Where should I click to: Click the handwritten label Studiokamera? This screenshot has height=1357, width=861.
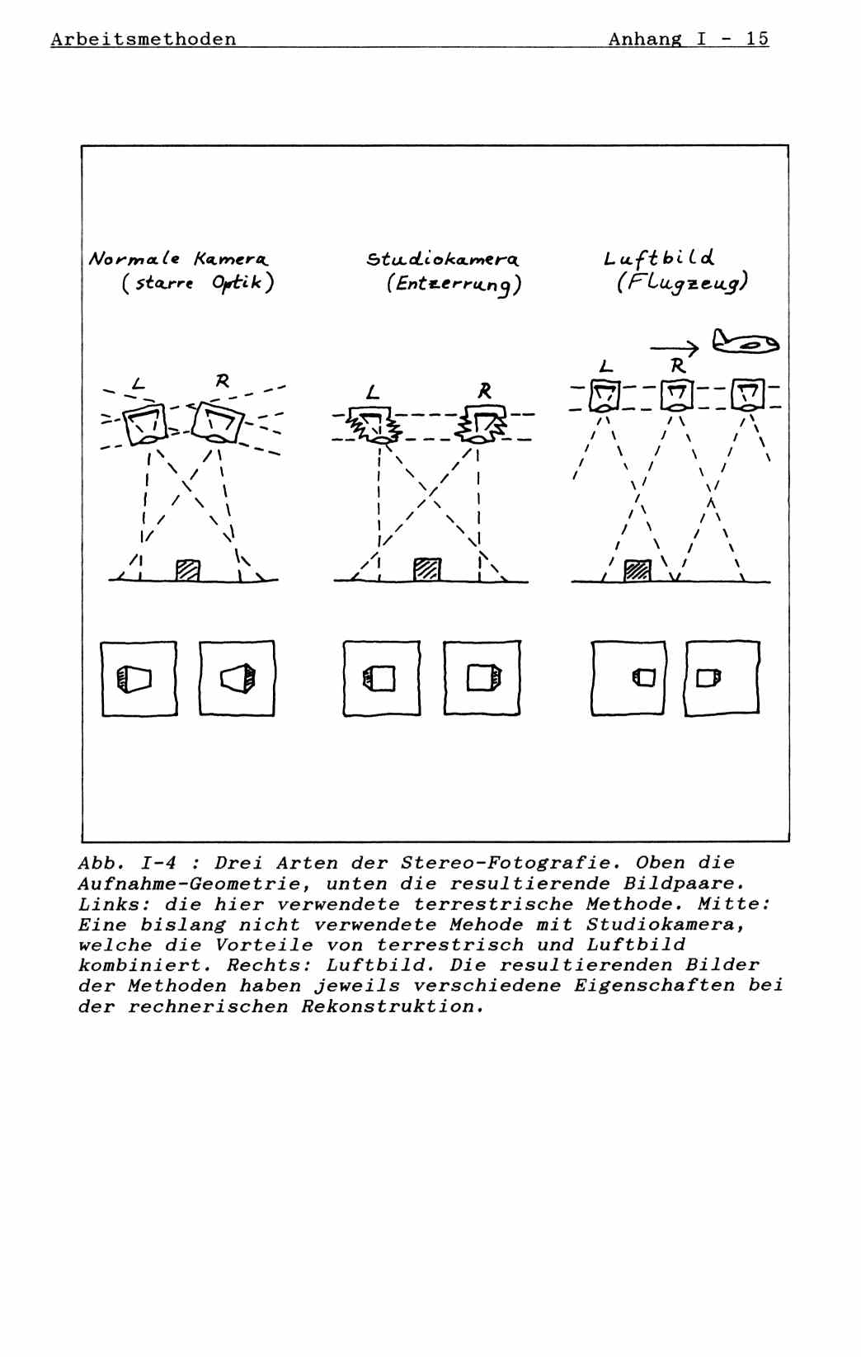tap(443, 260)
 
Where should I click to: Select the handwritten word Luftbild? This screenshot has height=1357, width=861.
tap(659, 258)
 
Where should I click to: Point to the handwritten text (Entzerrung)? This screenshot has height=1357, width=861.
tap(454, 285)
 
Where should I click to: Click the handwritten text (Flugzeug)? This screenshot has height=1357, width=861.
tap(681, 284)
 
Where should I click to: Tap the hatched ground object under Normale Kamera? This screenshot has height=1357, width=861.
tap(188, 570)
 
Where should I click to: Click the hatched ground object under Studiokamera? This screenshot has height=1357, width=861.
tap(427, 570)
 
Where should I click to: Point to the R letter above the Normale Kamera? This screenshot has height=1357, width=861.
tap(222, 381)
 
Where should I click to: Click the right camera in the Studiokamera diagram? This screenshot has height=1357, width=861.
tap(483, 424)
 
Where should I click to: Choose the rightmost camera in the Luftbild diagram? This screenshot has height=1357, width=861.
tap(748, 396)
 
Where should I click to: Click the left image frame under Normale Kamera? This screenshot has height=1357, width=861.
tap(139, 678)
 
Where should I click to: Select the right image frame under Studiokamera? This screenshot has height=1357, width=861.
tap(482, 678)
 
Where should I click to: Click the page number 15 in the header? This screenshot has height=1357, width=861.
tap(757, 39)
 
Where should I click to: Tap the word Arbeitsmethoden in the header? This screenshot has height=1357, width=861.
tap(143, 40)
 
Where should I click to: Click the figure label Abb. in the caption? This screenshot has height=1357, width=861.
tap(101, 864)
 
